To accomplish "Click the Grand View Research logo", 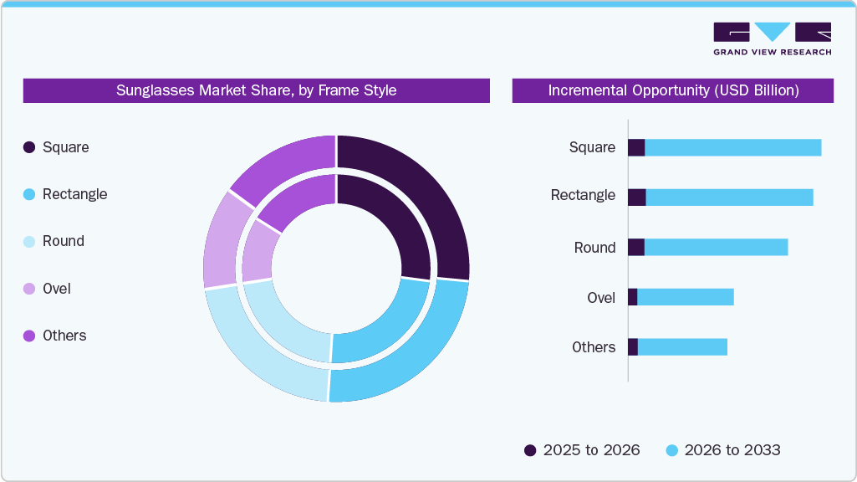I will coord(772,38).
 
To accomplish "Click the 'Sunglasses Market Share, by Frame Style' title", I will coord(256,90).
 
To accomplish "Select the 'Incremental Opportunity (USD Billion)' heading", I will coord(673,90).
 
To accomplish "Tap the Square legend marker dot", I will coord(29,147).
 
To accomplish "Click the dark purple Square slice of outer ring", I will coord(418,201).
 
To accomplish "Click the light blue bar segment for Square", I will coord(732,147).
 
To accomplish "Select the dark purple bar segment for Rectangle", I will coord(636,197).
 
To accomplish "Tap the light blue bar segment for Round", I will coord(716,248).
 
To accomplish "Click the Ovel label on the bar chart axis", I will coord(601,298).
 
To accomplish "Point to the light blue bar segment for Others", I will coord(682,347).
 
